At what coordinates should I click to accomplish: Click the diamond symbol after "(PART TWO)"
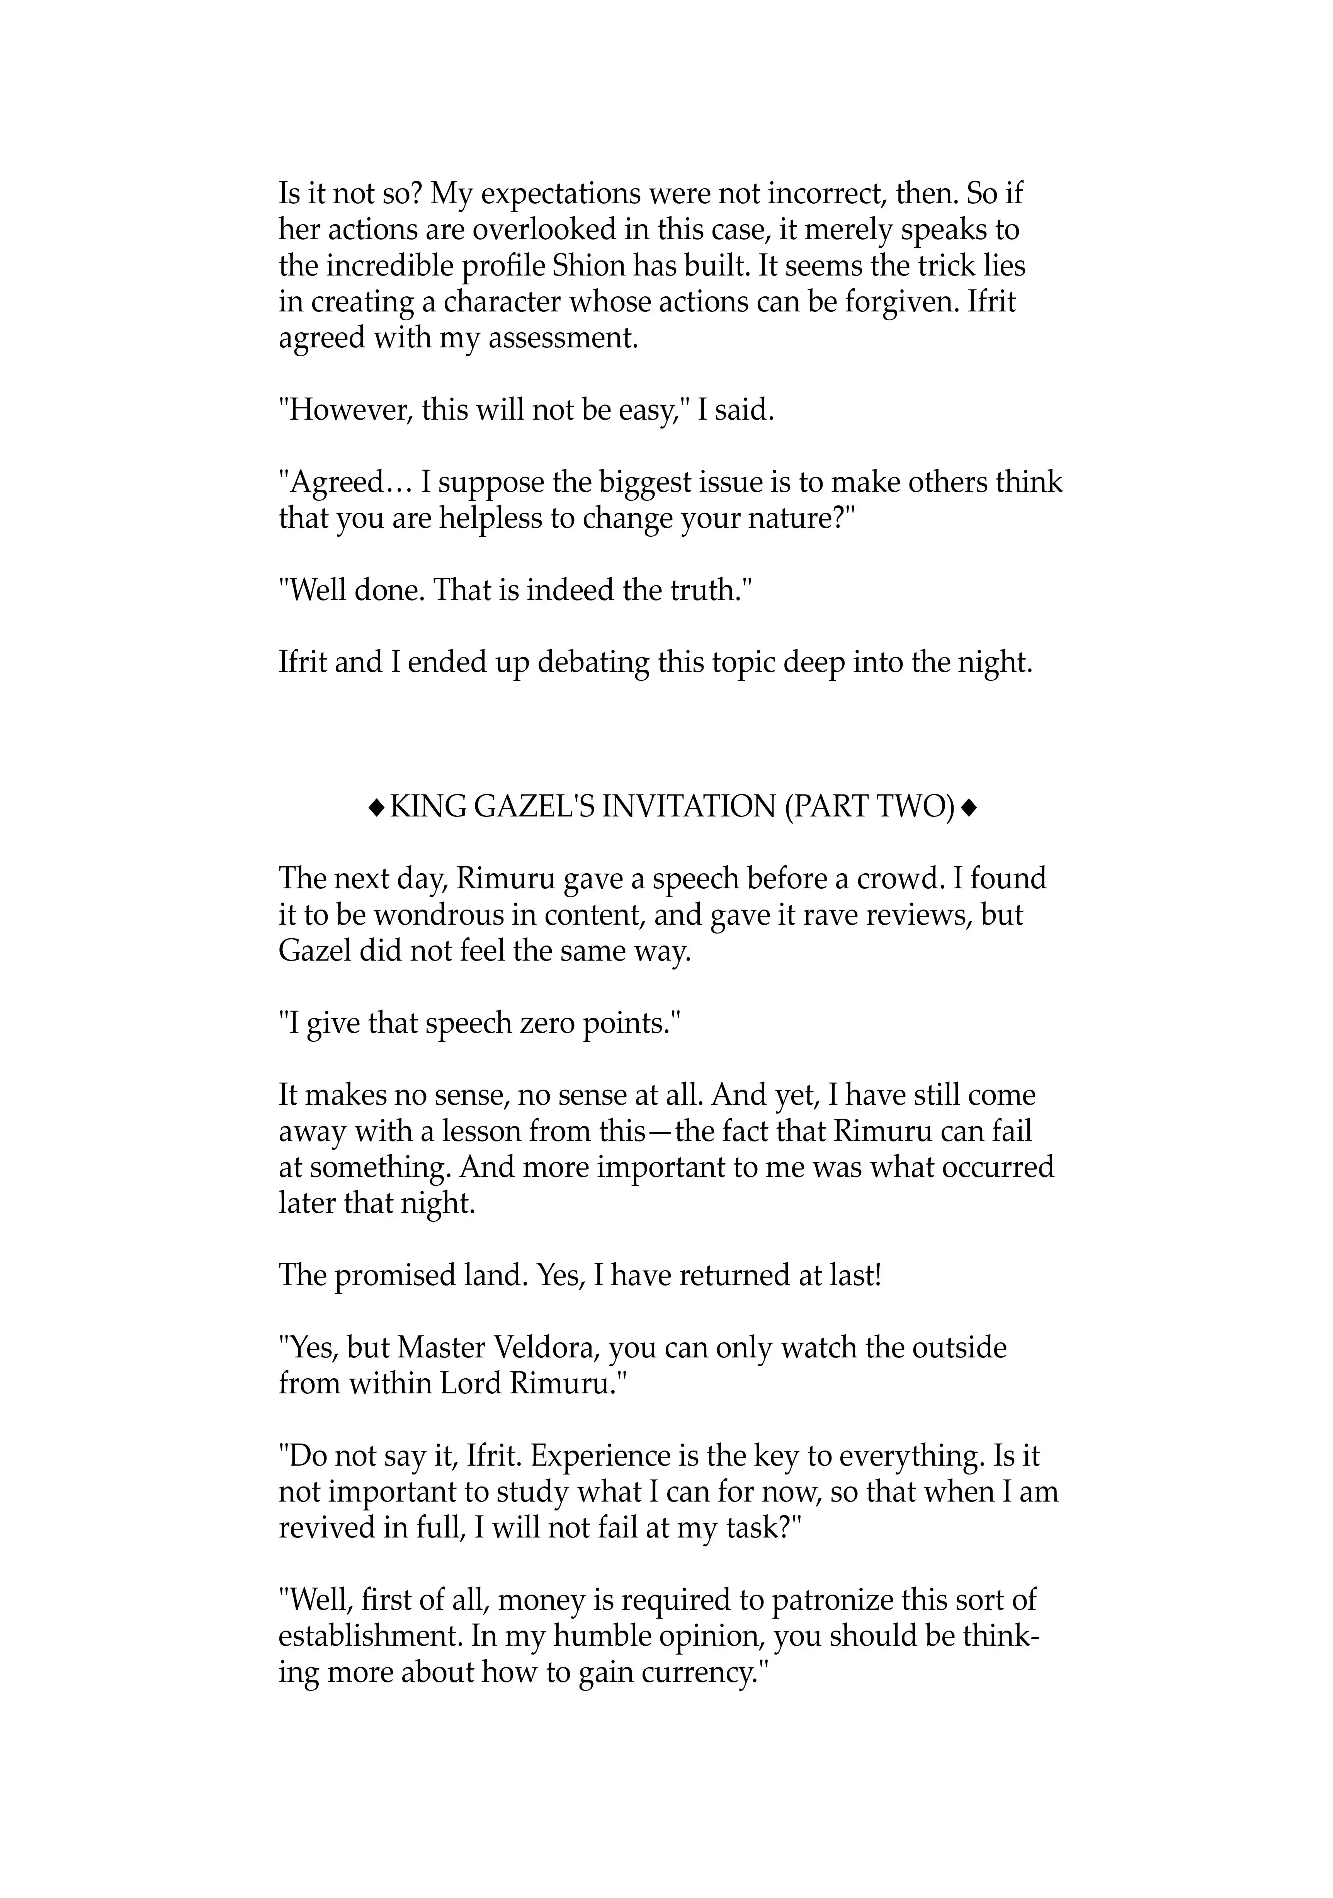click(x=970, y=806)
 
